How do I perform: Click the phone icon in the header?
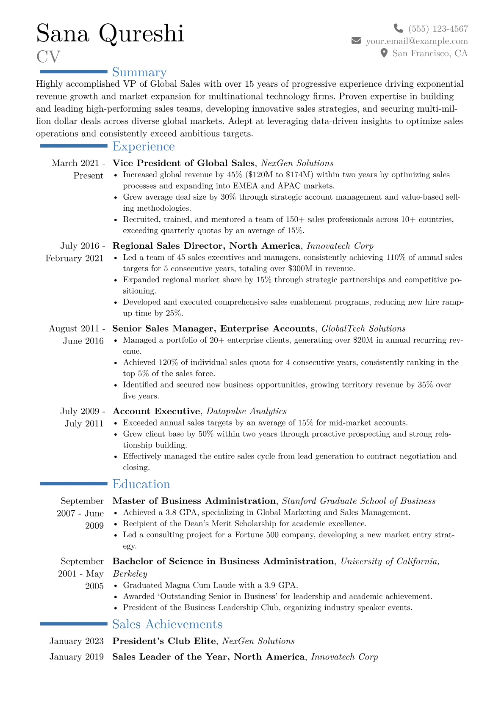(398, 28)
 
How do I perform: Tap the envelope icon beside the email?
(356, 41)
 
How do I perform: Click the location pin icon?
(384, 53)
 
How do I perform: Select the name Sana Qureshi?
(110, 33)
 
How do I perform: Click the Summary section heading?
(139, 72)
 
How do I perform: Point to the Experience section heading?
(144, 146)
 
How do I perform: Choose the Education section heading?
(141, 484)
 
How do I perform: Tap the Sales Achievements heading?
(167, 624)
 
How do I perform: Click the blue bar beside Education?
(74, 484)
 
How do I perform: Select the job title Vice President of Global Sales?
(183, 163)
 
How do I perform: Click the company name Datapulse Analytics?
(246, 411)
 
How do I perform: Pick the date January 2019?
(76, 657)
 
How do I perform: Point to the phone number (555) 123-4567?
(438, 29)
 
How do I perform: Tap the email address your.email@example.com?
(417, 41)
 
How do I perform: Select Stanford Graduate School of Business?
(359, 501)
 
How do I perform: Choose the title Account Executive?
(156, 411)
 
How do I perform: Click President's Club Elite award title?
(164, 641)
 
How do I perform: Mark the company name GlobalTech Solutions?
(363, 329)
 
